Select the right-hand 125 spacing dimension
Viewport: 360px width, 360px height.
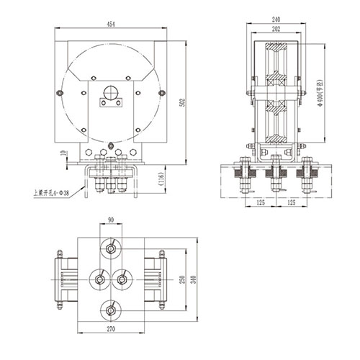(292, 203)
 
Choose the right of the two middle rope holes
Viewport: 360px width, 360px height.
(123, 279)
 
